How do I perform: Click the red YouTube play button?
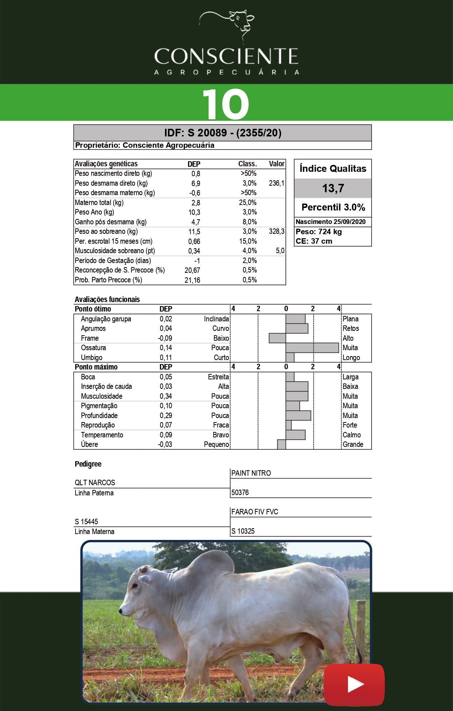pos(354,685)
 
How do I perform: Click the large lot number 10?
pos(226,104)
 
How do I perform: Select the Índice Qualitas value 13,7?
pos(333,188)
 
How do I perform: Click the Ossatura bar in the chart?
pos(312,348)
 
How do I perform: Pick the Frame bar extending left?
pos(277,338)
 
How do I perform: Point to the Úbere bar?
pos(281,444)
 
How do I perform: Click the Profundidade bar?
pos(298,416)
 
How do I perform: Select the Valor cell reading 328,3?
pos(276,231)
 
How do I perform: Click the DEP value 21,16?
pos(192,280)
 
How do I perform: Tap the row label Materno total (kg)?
pos(99,202)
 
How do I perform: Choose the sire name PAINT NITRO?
pos(251,473)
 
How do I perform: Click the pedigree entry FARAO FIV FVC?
pos(255,512)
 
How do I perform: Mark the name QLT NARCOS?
pos(95,483)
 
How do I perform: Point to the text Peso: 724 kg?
pos(319,232)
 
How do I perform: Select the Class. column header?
pos(247,164)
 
